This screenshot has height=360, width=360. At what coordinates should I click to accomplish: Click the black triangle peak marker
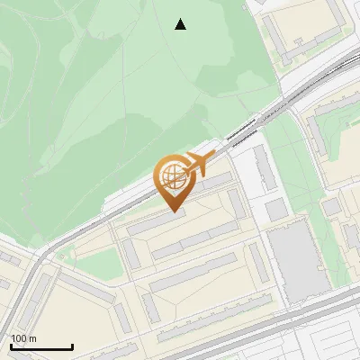click(181, 24)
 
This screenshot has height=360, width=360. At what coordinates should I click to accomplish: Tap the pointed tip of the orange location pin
click(173, 211)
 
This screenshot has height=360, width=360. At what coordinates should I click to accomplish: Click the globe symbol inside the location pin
click(172, 175)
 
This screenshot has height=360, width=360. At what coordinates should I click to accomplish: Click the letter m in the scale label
click(34, 338)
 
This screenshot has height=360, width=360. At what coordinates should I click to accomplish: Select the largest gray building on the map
click(296, 262)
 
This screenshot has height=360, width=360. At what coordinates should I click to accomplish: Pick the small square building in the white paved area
click(276, 209)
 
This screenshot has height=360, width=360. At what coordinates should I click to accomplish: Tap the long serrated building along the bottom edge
click(207, 329)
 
